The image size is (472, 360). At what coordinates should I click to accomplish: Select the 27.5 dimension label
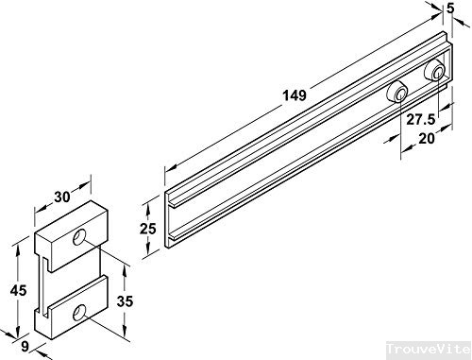click(420, 120)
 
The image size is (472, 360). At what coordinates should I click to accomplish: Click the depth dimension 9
click(25, 347)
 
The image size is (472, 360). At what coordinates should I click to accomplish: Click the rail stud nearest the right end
click(435, 70)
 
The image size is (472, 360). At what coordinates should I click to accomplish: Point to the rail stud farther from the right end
click(397, 92)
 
